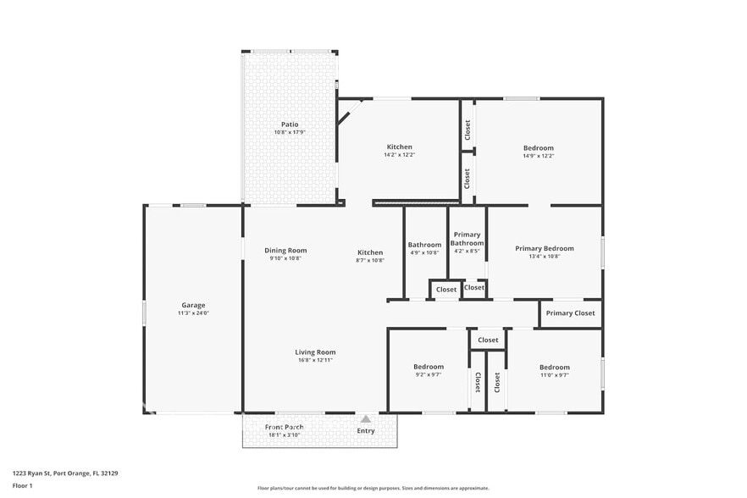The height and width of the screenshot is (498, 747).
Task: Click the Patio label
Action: pyautogui.click(x=290, y=125)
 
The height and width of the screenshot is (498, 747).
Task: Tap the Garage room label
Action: pyautogui.click(x=193, y=305)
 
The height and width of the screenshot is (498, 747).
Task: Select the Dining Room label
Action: pyautogui.click(x=285, y=250)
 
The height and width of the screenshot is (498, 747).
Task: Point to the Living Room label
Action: pyautogui.click(x=315, y=352)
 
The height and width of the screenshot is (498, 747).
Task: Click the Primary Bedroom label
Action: pyautogui.click(x=545, y=248)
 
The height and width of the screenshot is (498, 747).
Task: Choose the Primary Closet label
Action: pyautogui.click(x=570, y=313)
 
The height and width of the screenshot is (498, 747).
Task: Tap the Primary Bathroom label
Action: pyautogui.click(x=467, y=239)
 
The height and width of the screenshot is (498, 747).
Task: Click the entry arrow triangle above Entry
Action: pyautogui.click(x=365, y=418)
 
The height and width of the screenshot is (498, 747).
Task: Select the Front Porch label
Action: pyautogui.click(x=284, y=427)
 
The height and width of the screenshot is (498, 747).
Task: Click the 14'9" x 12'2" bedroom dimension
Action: pyautogui.click(x=538, y=156)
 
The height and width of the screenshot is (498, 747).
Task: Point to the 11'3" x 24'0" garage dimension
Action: pyautogui.click(x=193, y=313)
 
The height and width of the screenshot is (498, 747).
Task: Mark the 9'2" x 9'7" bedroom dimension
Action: pyautogui.click(x=429, y=374)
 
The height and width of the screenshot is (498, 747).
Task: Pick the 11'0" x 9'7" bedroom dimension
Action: pyautogui.click(x=555, y=374)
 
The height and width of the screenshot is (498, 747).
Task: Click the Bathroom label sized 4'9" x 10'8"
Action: pyautogui.click(x=424, y=245)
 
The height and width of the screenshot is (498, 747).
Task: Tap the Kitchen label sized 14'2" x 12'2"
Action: pyautogui.click(x=399, y=147)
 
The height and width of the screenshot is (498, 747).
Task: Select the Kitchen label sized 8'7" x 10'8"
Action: pyautogui.click(x=369, y=252)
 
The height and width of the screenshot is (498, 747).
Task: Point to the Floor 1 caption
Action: pyautogui.click(x=22, y=485)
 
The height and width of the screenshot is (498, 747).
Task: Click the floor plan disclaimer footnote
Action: pyautogui.click(x=373, y=489)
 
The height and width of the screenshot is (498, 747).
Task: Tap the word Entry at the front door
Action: pyautogui.click(x=365, y=431)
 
